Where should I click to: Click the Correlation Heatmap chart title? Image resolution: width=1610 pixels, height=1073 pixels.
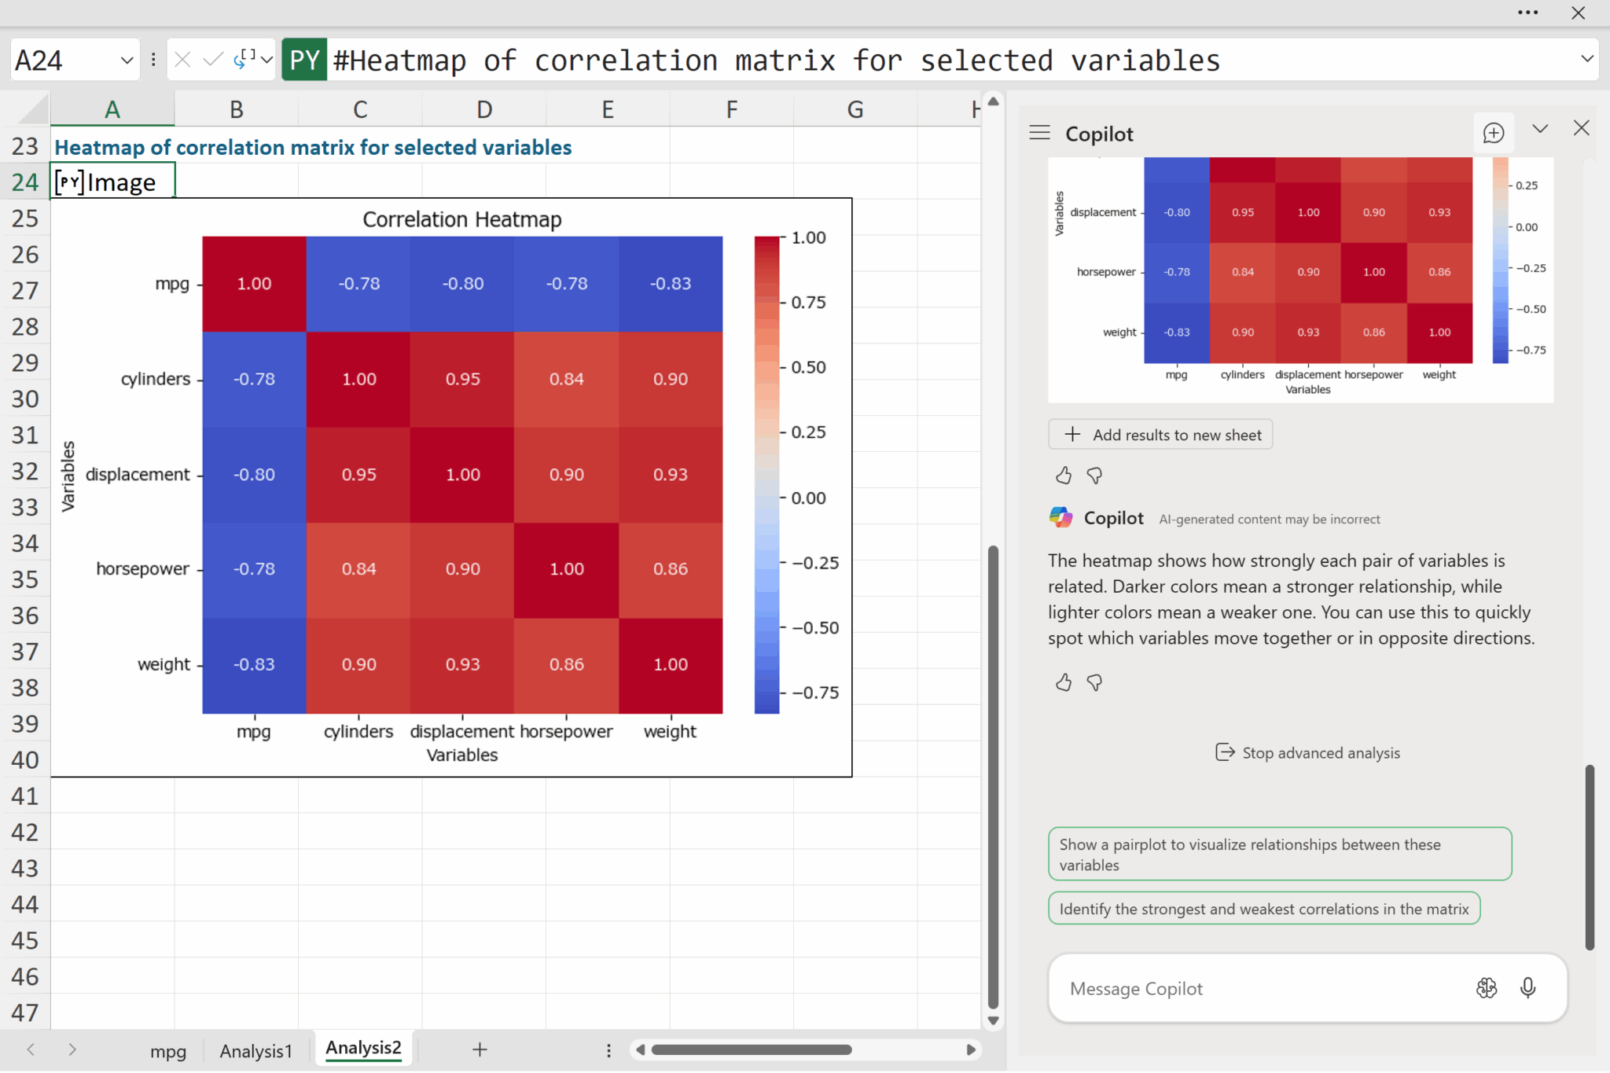pos(461,219)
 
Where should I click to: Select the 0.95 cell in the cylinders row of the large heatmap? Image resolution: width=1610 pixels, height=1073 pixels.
pos(462,379)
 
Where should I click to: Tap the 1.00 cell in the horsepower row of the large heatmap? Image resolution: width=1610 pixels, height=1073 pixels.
pos(566,569)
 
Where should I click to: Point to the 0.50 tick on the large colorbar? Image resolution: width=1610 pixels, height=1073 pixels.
pos(808,367)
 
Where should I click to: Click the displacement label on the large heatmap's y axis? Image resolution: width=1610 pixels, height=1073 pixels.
pos(138,475)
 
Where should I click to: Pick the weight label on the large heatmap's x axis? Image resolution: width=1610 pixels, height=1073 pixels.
pos(670,732)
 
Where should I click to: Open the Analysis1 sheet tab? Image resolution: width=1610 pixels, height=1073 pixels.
pos(255,1051)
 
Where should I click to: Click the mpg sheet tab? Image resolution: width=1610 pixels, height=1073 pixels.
pos(167,1051)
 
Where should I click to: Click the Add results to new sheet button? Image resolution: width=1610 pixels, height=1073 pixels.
pos(1160,435)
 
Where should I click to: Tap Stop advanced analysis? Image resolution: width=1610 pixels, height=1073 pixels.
pos(1308,753)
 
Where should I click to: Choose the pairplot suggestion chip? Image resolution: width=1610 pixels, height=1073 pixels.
pos(1279,854)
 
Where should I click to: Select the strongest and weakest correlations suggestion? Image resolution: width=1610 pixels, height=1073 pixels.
pos(1263,909)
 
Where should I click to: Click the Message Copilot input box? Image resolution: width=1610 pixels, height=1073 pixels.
pos(1258,989)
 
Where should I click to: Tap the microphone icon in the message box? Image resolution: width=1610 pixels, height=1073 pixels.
pos(1527,988)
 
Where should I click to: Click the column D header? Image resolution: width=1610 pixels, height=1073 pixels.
pos(483,110)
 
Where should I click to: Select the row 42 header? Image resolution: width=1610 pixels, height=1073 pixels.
pos(25,832)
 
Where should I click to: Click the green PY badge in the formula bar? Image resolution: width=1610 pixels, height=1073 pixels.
pos(304,61)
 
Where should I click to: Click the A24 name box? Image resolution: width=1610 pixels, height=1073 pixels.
pos(63,61)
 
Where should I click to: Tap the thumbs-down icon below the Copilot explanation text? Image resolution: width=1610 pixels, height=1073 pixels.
pos(1094,682)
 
